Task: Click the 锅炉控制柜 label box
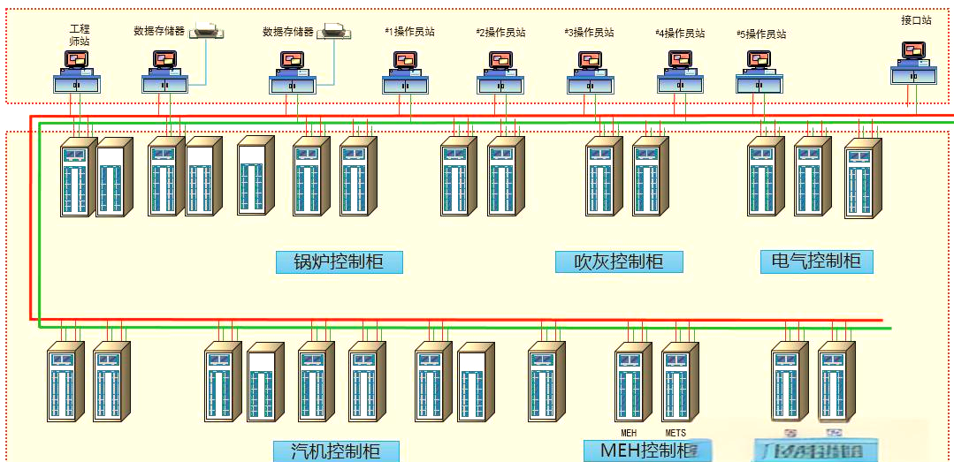339,262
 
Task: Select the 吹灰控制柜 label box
619,262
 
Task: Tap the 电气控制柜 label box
816,261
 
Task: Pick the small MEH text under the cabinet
629,433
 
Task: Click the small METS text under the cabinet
675,433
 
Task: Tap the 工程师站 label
80,35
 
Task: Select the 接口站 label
916,19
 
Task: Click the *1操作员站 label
409,32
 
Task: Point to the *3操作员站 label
589,33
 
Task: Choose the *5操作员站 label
761,34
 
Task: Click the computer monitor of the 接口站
913,51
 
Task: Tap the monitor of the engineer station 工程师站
77,60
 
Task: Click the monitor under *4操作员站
680,60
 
